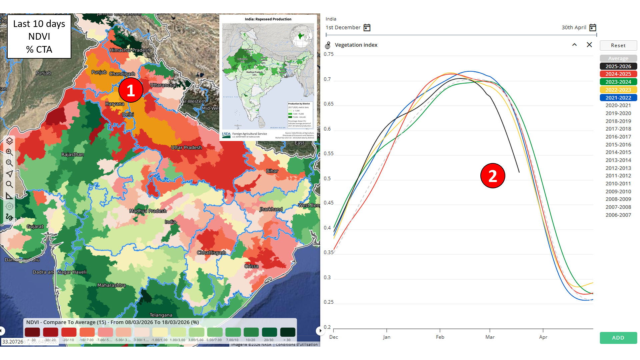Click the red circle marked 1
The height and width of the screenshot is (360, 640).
(x=131, y=90)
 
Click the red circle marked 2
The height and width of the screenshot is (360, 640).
(x=493, y=176)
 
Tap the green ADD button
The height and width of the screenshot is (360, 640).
(x=618, y=338)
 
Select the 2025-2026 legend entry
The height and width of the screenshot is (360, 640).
(x=618, y=66)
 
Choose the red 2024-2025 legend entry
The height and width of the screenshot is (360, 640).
(x=618, y=74)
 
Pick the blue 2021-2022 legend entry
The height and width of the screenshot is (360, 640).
(x=618, y=98)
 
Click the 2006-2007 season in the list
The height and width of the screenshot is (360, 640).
(x=618, y=215)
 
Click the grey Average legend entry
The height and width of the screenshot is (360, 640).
(x=618, y=58)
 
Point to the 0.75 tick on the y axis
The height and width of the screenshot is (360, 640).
(x=328, y=54)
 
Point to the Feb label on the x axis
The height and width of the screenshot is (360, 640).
(x=440, y=337)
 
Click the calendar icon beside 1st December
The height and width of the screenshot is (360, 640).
(x=367, y=28)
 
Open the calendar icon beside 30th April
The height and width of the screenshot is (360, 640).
(x=592, y=28)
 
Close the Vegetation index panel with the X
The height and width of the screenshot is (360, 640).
(x=589, y=45)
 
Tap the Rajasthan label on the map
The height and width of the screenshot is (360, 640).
(x=72, y=154)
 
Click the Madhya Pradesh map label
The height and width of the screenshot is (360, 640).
(x=148, y=211)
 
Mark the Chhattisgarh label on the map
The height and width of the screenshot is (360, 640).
(x=211, y=252)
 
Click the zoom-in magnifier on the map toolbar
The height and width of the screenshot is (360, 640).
(x=9, y=152)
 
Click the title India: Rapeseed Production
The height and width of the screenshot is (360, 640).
(x=268, y=19)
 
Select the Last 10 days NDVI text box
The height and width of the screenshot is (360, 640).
(x=39, y=36)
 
